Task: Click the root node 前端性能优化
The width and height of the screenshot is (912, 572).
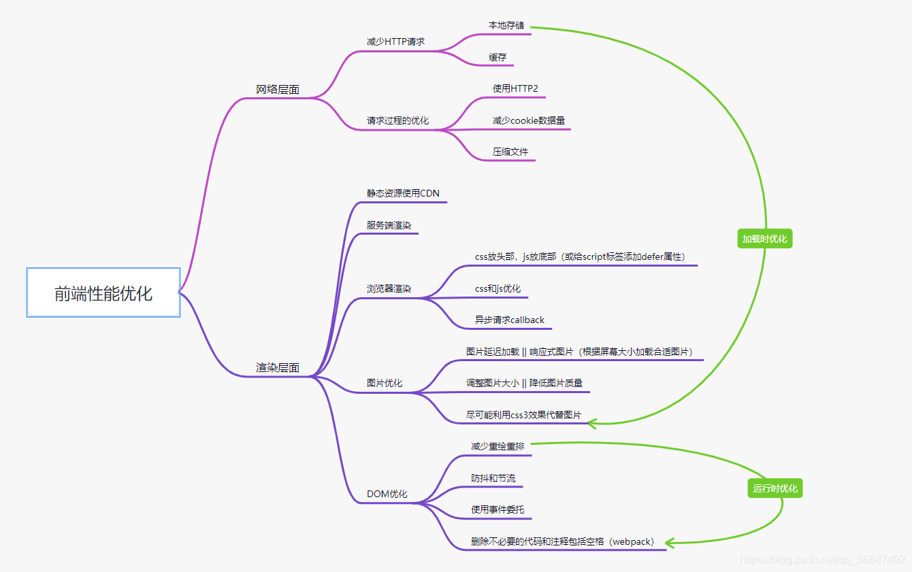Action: click(103, 292)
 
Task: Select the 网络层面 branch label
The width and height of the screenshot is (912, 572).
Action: click(278, 90)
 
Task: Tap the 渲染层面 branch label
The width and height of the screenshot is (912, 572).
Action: click(278, 368)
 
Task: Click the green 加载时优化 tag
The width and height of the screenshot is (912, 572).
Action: click(765, 239)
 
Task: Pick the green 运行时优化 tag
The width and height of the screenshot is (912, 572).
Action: click(775, 488)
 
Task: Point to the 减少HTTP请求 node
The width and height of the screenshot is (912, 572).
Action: click(395, 41)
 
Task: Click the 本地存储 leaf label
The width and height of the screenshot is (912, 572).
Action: click(506, 26)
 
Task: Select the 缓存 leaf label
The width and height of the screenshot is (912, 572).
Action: click(498, 57)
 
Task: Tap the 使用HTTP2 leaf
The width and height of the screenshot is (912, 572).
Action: click(515, 88)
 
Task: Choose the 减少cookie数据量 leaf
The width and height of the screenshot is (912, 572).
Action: click(529, 120)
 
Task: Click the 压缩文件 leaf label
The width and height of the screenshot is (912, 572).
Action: click(510, 152)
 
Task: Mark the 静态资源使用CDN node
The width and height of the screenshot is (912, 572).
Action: click(403, 193)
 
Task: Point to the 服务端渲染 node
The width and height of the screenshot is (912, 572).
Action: click(389, 225)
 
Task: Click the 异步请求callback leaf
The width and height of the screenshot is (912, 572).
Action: click(510, 320)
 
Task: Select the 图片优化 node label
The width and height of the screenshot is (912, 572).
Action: click(385, 384)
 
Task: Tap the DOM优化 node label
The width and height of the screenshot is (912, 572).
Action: click(387, 494)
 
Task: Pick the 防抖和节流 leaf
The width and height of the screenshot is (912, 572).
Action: click(493, 478)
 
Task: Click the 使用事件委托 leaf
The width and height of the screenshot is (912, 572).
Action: click(498, 509)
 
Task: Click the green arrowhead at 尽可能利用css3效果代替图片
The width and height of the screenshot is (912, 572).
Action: click(591, 424)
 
